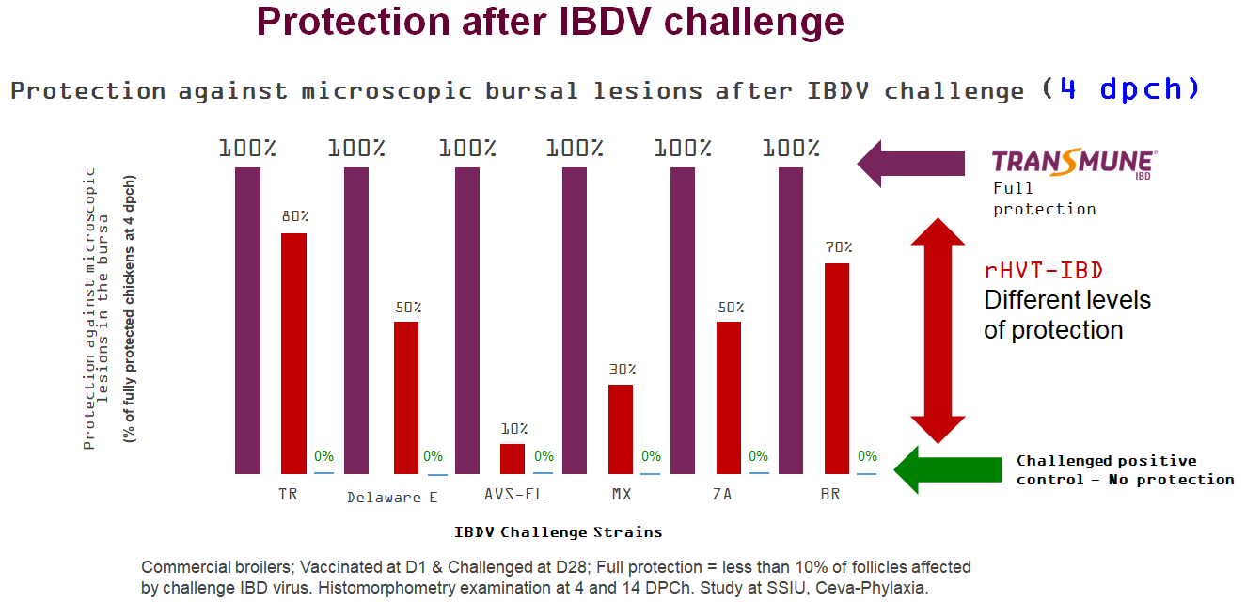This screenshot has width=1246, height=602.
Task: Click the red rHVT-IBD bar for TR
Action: point(293,353)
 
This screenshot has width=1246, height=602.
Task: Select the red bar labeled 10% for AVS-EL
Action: point(513,458)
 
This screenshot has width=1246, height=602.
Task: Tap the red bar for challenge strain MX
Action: point(621,428)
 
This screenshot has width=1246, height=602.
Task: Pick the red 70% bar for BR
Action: point(836,368)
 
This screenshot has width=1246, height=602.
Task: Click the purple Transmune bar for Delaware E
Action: point(356,320)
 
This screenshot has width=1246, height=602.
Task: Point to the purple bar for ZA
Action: point(683,320)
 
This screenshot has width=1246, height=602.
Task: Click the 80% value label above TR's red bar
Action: point(294,216)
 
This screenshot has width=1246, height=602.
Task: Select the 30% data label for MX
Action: point(622,370)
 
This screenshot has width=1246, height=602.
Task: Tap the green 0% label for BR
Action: point(866,456)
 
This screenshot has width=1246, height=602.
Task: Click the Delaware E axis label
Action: point(392,497)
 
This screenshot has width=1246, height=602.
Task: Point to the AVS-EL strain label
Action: point(514,494)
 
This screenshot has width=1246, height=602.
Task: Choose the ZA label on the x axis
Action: point(721,494)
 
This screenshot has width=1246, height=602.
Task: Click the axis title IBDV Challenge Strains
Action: point(559,532)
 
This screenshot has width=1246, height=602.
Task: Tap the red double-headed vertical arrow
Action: point(938,329)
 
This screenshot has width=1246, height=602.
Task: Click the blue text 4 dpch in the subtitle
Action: point(1129,89)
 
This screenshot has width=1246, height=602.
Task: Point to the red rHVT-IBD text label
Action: point(1044,271)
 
